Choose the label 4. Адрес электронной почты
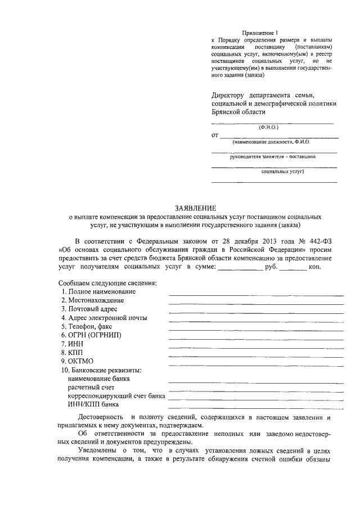tap(104, 318)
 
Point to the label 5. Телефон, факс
tap(89, 327)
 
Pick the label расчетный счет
tap(91, 388)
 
